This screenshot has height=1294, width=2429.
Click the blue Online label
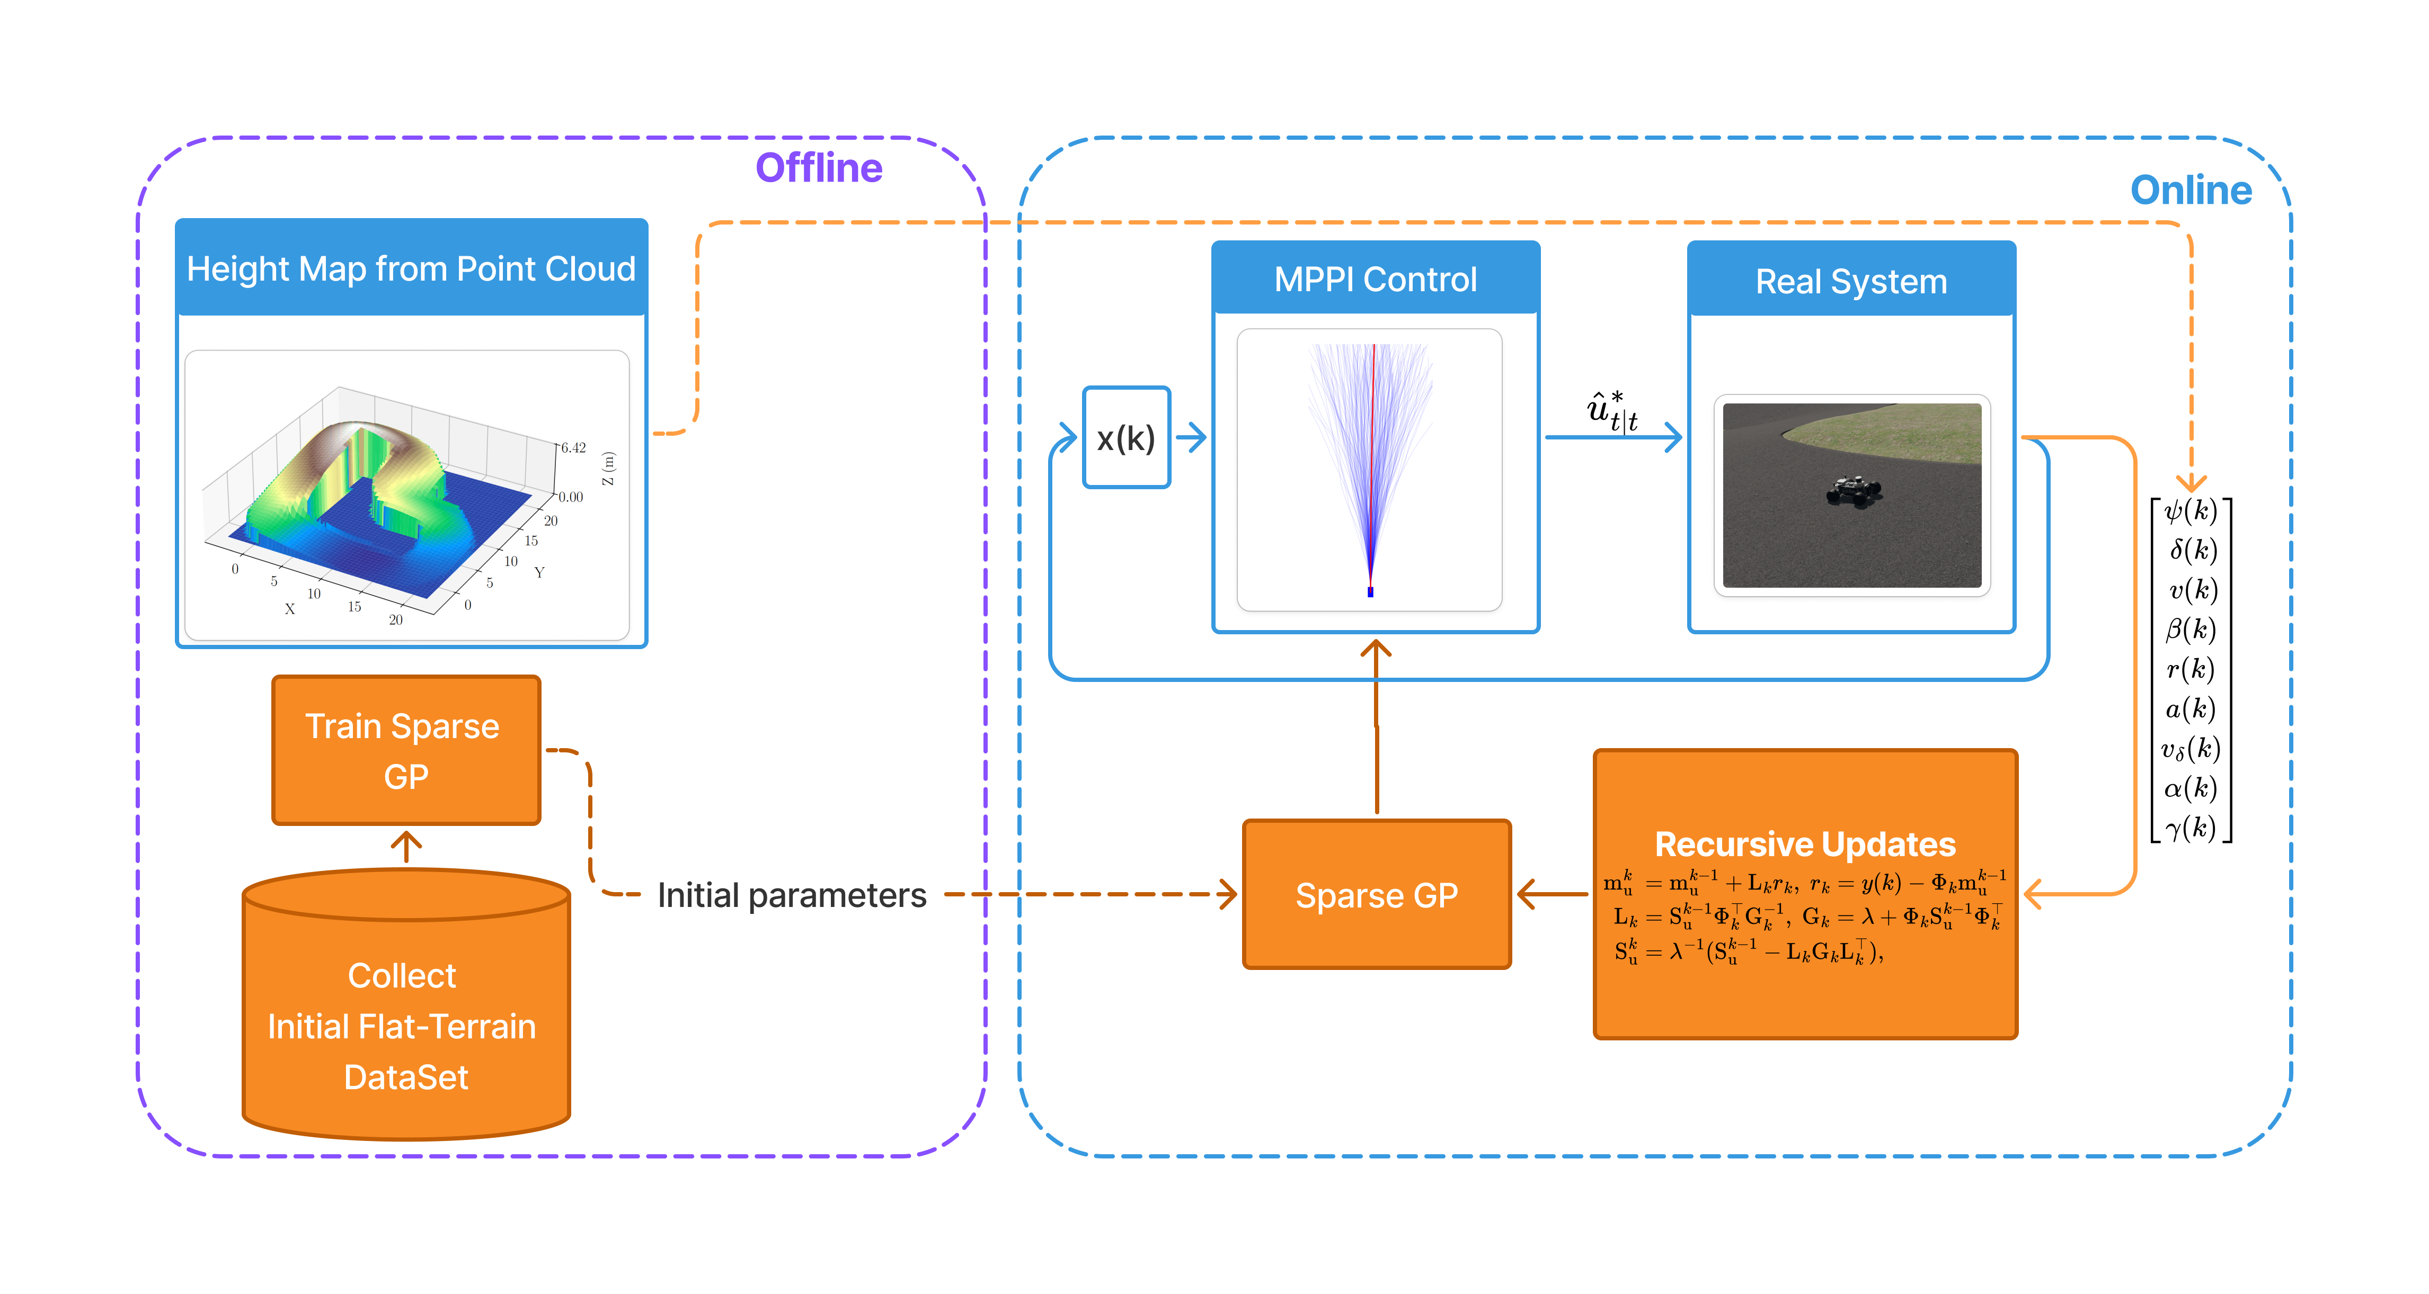(2191, 191)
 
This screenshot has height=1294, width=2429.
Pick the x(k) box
(1126, 438)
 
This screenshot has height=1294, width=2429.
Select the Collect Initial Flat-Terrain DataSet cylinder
(405, 1026)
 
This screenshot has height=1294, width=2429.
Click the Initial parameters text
(791, 894)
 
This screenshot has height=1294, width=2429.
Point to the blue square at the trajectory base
(1370, 592)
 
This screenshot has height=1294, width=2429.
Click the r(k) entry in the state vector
(2191, 669)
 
